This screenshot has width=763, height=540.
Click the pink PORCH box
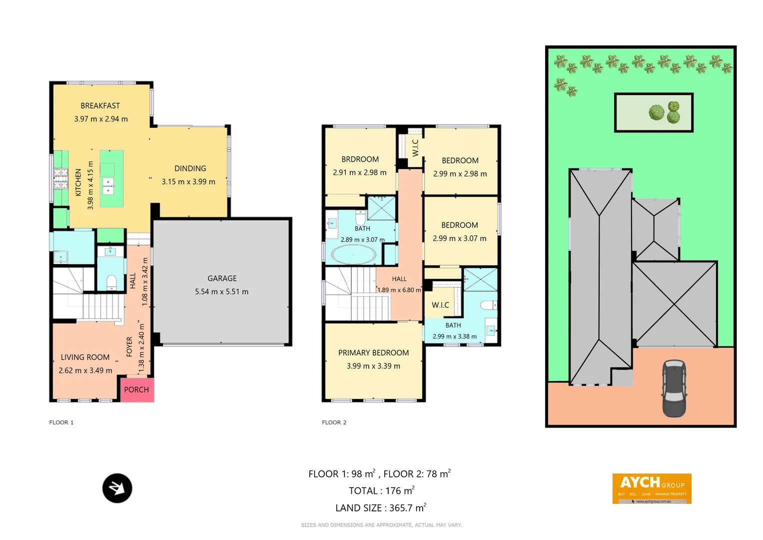[x=136, y=390]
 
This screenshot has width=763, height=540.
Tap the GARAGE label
[x=222, y=278]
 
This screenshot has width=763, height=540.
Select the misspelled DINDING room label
[x=190, y=168]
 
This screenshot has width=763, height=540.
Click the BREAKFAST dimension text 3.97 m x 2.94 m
[x=101, y=119]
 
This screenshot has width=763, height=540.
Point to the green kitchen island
[x=111, y=178]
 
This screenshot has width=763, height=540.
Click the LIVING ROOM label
[x=85, y=357]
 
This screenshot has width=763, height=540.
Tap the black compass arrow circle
[x=117, y=488]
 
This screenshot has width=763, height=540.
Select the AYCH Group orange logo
[x=652, y=488]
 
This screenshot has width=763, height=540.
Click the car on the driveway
[x=674, y=388]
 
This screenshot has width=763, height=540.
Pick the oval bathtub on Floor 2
[x=354, y=254]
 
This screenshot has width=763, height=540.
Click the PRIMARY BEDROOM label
[x=373, y=353]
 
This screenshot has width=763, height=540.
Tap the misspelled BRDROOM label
[x=360, y=159]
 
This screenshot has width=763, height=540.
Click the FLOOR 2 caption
[x=334, y=422]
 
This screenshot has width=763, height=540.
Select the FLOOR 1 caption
[x=61, y=422]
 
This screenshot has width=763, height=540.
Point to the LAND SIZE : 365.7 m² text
[x=380, y=508]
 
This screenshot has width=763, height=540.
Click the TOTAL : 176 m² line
[x=381, y=491]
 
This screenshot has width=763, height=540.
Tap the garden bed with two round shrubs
[x=654, y=112]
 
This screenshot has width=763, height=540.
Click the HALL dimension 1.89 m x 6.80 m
[x=399, y=290]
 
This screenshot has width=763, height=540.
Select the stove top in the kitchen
[x=61, y=178]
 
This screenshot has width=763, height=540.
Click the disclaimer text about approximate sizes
[x=381, y=525]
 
